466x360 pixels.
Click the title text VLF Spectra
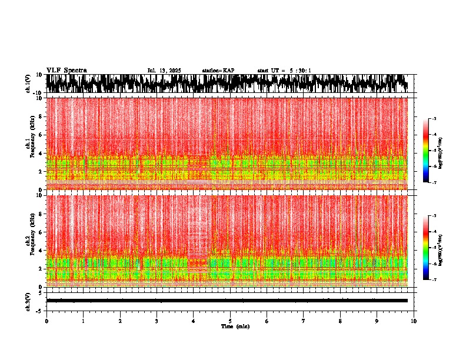66,70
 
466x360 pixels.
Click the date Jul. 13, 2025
164,71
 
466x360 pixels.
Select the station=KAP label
218,71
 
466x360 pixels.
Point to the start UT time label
284,71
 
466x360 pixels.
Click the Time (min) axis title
235,326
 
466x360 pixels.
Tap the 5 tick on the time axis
230,321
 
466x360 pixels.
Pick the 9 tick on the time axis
377,321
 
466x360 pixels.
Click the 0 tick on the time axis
46,321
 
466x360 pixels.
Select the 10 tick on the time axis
414,321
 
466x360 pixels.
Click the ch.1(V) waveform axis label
28,84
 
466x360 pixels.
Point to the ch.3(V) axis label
28,301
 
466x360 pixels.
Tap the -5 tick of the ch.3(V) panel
40,310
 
